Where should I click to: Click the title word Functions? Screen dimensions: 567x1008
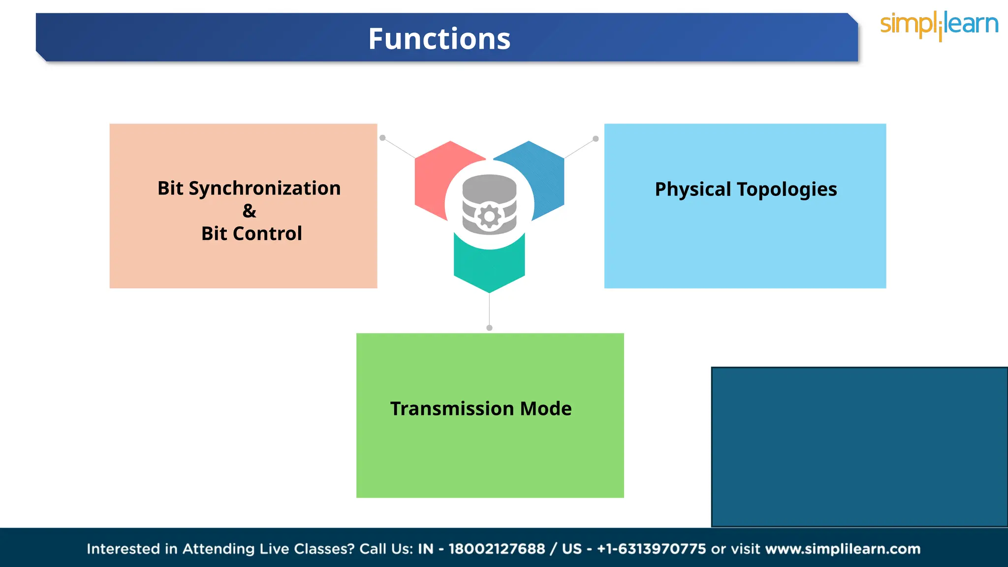point(439,39)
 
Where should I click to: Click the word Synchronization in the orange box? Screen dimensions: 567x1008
point(264,189)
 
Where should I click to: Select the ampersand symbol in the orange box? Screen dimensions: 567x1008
point(249,211)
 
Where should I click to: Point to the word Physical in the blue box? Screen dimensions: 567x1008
point(693,189)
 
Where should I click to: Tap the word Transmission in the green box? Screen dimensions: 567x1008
point(452,409)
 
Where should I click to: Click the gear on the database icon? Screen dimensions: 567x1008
point(489,216)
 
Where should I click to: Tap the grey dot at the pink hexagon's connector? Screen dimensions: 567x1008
point(382,138)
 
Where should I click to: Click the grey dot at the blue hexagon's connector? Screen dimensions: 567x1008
point(596,139)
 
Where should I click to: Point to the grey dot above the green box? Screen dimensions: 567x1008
point(489,328)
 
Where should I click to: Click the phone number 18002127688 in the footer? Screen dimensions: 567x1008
point(497,549)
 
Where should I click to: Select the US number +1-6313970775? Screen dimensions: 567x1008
point(651,549)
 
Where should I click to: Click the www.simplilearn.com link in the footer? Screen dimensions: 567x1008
point(843,549)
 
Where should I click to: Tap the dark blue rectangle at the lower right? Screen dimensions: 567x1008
point(859,447)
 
